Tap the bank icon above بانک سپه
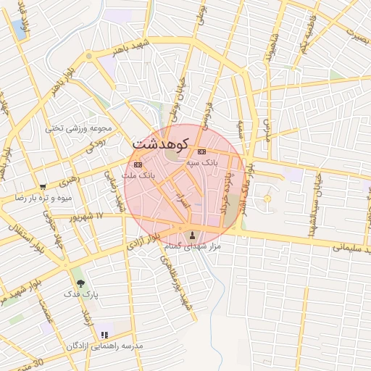(201, 151)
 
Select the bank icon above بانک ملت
(138, 164)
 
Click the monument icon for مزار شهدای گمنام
(192, 235)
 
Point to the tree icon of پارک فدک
(80, 283)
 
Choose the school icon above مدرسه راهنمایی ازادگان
(104, 335)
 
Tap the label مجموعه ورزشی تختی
(80, 129)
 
